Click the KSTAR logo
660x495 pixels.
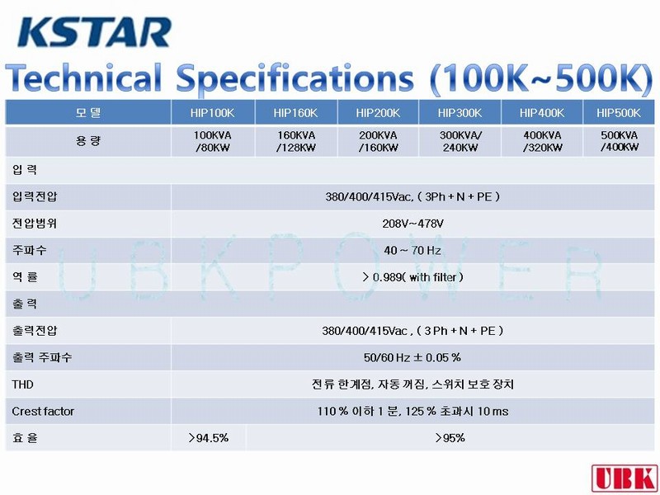click(x=94, y=31)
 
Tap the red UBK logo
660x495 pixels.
click(x=625, y=478)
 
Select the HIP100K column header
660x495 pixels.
click(x=212, y=113)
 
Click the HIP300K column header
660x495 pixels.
click(x=460, y=113)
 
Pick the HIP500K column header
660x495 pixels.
click(x=618, y=113)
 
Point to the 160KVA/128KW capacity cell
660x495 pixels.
click(x=295, y=141)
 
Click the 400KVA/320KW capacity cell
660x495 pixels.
click(x=542, y=141)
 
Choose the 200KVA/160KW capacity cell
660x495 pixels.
click(x=378, y=141)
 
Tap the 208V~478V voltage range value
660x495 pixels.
click(x=412, y=224)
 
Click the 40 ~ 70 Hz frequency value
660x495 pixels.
click(x=412, y=251)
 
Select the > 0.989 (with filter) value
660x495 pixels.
click(x=412, y=277)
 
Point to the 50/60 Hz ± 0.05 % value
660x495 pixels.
click(x=412, y=357)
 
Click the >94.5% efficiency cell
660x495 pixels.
click(x=209, y=438)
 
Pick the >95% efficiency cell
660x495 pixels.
click(x=450, y=438)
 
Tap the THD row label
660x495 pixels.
click(x=22, y=384)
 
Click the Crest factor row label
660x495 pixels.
click(x=43, y=411)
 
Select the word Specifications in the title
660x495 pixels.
click(x=295, y=78)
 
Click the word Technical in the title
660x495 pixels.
click(x=83, y=78)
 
